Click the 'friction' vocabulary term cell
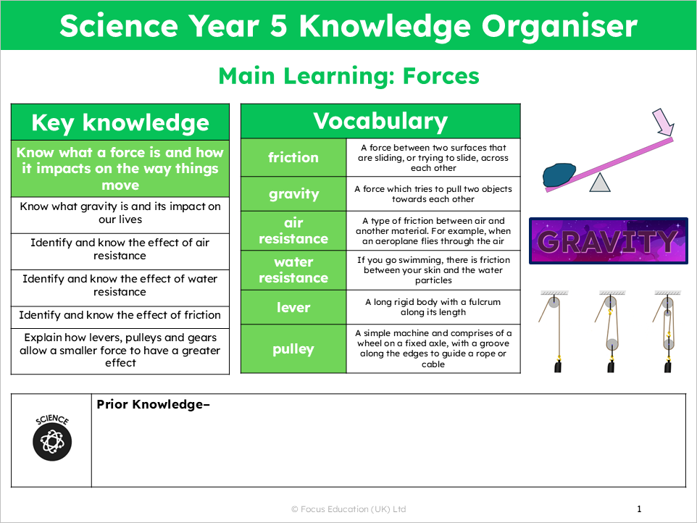click(293, 158)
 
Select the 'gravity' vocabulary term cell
click(293, 193)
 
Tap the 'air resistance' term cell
click(293, 230)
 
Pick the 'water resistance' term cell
click(293, 270)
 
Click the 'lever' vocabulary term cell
click(293, 307)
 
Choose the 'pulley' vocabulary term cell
click(293, 349)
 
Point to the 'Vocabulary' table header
click(380, 121)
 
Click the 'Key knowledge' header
click(120, 122)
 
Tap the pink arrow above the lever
click(663, 122)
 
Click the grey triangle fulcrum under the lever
click(600, 183)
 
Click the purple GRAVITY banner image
click(608, 240)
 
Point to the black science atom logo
click(52, 438)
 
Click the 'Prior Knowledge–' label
click(153, 404)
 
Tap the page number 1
click(639, 509)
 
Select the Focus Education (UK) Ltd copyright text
click(348, 509)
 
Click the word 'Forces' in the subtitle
click(441, 76)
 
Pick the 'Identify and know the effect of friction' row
click(120, 315)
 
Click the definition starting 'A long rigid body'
click(433, 307)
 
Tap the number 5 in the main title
click(279, 25)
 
